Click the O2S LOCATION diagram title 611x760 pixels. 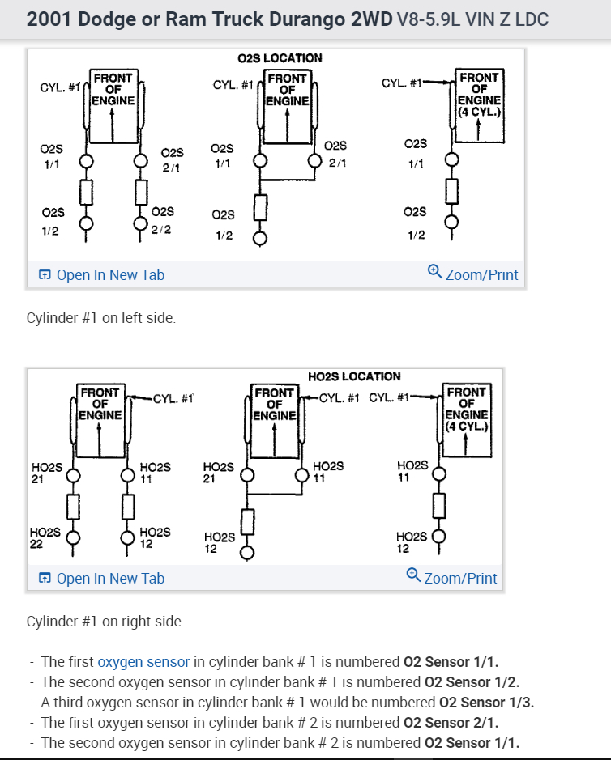pos(280,58)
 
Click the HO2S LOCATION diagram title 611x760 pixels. pos(354,376)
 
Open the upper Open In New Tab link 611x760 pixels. pos(110,275)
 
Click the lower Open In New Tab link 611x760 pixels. pos(110,579)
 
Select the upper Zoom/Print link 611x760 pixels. pos(481,275)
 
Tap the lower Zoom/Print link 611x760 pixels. pos(460,579)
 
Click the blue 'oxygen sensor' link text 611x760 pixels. pos(143,661)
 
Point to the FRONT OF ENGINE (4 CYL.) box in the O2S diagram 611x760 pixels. pos(479,94)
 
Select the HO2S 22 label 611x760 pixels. pos(45,538)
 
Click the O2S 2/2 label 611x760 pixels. pos(161,219)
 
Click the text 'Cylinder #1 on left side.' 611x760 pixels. pos(101,318)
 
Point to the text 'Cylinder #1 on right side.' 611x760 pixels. pos(105,622)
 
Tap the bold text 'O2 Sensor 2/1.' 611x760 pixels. pos(451,722)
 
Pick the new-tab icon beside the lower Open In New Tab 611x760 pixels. pos(45,579)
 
